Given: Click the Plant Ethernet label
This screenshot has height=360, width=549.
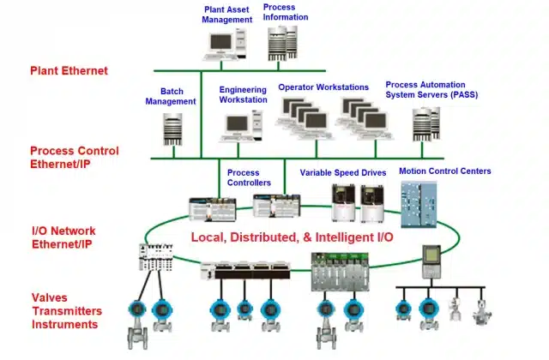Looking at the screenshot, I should coord(69,71).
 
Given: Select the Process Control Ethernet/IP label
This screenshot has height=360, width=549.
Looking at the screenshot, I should coord(74,157).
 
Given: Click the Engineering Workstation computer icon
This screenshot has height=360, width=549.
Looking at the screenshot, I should coord(238,126).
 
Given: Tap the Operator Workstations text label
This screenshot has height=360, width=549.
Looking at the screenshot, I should coord(323,87).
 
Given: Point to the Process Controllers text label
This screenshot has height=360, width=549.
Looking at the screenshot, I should coord(249,177).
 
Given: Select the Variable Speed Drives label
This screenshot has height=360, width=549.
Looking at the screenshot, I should coord(342,172).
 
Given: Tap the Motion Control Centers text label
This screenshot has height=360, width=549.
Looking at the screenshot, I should coord(445,171).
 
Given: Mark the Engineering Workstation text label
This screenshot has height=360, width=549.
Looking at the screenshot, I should coord(243,95).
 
